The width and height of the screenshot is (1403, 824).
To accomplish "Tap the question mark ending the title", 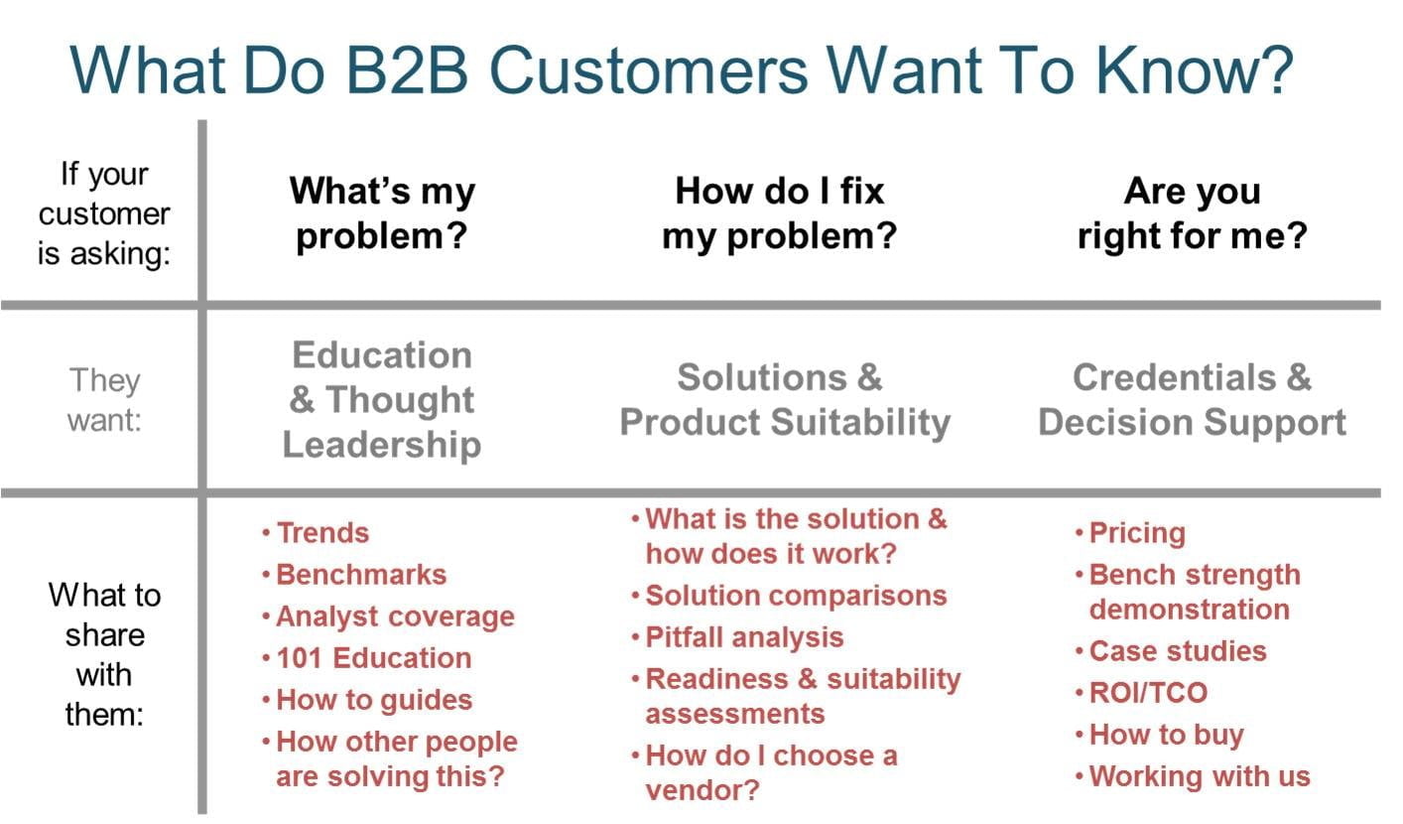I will tap(1276, 67).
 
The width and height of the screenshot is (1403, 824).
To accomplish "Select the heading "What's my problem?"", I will tap(382, 213).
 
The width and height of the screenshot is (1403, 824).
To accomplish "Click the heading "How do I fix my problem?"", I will tap(779, 213).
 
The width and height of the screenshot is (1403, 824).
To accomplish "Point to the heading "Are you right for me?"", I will tap(1192, 213).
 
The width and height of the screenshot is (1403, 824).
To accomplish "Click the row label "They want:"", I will tap(104, 399).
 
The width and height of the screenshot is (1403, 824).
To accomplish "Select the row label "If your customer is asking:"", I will tap(104, 213).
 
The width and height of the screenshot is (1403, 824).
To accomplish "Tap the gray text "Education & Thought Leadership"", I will tap(382, 399).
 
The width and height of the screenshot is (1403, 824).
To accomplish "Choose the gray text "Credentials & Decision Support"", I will tap(1192, 400).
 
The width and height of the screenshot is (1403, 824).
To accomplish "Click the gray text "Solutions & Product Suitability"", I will tap(784, 400).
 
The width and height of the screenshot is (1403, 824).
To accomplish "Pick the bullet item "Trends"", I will tap(322, 533).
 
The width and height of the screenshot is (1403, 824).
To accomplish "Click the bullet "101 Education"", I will tap(373, 658).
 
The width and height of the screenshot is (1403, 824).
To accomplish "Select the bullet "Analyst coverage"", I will tap(395, 617).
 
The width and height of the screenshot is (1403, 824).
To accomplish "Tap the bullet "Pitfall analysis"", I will tap(744, 637).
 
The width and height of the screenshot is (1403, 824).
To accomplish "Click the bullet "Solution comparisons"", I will tap(796, 596).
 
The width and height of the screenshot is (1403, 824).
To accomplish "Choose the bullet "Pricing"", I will tap(1137, 533).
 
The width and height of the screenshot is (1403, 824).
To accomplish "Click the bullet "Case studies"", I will tap(1178, 651).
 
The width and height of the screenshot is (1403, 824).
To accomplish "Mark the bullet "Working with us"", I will tap(1200, 776).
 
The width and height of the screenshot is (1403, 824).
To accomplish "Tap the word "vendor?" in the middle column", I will tap(702, 791).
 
